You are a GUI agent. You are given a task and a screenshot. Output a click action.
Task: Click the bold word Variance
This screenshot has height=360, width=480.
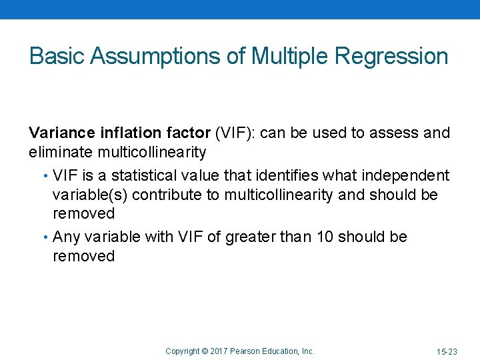(x=61, y=133)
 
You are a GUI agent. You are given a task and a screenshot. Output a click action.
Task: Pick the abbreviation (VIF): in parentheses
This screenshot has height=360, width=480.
(x=235, y=133)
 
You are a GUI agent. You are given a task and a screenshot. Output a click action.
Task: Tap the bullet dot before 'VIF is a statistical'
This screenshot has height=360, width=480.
(x=45, y=176)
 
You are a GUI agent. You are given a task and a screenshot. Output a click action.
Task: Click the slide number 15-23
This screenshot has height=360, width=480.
(x=447, y=351)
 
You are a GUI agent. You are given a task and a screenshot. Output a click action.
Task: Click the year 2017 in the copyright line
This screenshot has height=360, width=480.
(x=219, y=351)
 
